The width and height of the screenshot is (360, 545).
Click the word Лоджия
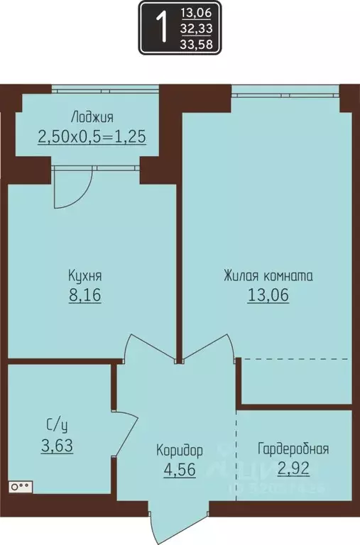point(92,117)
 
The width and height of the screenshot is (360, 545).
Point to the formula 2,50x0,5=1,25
point(92,136)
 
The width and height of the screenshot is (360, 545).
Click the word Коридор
point(180,450)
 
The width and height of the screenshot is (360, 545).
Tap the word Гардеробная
point(293,448)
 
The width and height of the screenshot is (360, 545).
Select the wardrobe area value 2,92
point(293,468)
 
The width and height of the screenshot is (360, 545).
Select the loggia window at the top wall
point(105,89)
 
